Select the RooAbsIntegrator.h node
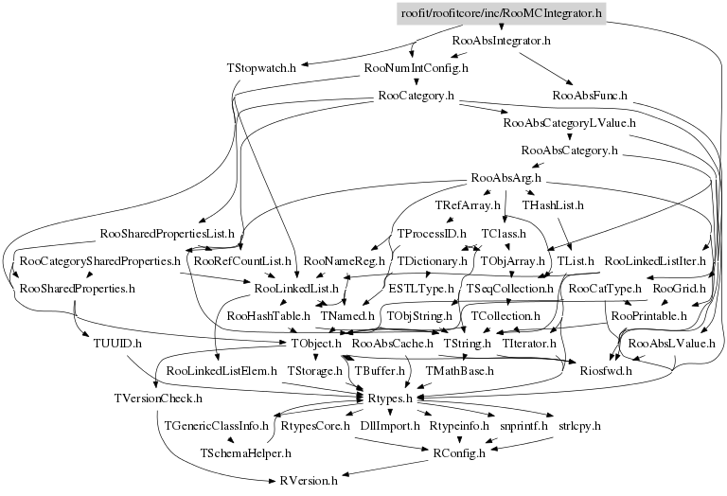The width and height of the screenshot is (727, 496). (502, 42)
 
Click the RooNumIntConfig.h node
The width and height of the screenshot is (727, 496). (417, 69)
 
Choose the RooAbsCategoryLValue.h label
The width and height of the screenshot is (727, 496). (570, 123)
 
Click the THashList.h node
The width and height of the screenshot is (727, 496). (553, 204)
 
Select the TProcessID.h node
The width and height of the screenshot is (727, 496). (432, 233)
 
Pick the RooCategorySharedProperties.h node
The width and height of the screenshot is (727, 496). (99, 259)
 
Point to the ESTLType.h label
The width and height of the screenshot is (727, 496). (421, 287)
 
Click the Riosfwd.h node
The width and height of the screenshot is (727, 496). (606, 370)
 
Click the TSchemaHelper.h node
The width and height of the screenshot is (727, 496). (244, 452)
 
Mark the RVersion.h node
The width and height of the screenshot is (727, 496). (309, 481)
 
